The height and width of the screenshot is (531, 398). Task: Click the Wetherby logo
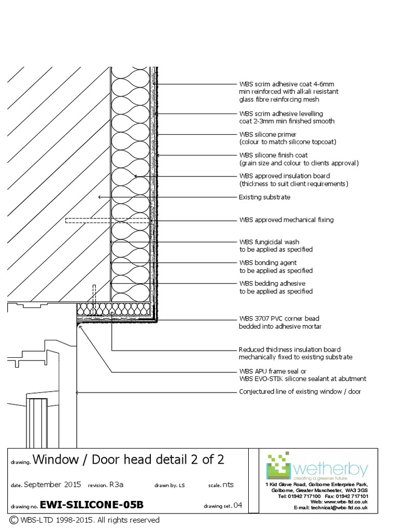point(317,467)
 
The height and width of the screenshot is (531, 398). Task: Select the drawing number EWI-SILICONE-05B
point(91,505)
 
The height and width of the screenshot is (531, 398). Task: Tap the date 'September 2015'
point(52,485)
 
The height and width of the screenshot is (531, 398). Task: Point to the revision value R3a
point(116,485)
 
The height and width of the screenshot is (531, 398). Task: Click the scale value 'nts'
point(228,485)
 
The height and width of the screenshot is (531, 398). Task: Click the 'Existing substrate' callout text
point(264,197)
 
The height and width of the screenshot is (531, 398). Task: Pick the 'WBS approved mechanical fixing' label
point(286,220)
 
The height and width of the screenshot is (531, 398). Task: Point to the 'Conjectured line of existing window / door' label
point(300,392)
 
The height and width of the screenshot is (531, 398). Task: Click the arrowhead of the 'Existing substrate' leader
point(99,197)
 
